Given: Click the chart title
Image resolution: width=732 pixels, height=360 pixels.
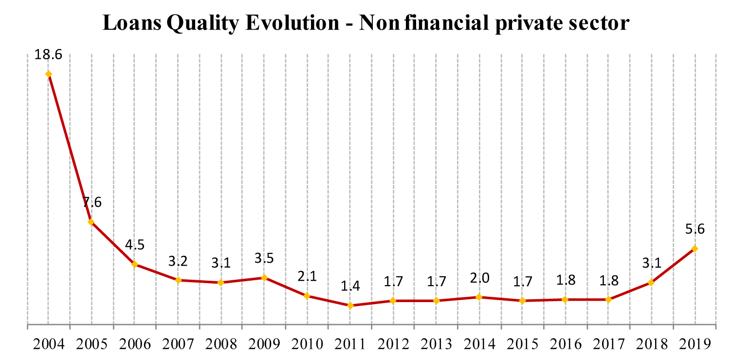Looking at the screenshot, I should point(366,23).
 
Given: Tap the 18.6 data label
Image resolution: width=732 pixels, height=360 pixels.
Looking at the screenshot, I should point(48,54).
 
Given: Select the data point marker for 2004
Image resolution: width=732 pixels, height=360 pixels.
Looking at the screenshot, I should point(48,74).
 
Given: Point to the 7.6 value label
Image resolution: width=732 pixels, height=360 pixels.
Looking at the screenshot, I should point(91,202).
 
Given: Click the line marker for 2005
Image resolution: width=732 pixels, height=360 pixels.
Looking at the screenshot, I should point(91,222).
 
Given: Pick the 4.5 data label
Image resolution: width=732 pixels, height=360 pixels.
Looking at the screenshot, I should point(134,245).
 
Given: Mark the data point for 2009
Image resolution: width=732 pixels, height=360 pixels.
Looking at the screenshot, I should point(264,278).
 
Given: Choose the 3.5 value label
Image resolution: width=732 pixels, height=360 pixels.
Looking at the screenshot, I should point(264,258).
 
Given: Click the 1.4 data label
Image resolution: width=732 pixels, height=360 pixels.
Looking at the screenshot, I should point(350,286).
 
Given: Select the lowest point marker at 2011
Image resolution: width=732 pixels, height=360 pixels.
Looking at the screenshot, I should point(350,306).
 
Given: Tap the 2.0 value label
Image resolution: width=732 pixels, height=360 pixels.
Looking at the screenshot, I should point(479,278).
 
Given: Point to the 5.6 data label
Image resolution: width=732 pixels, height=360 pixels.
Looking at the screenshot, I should point(695,229).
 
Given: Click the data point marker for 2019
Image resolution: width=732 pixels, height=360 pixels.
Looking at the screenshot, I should point(695,249).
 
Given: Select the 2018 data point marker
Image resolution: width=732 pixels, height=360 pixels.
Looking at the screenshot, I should point(651,283).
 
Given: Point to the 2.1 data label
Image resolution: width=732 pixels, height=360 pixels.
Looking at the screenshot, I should point(307,276).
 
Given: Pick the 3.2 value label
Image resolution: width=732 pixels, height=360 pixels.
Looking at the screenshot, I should point(178,261).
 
